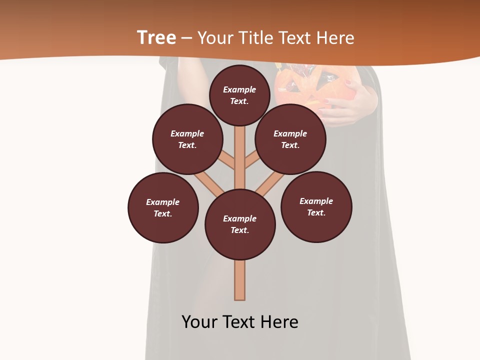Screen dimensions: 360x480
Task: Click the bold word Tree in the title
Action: [156, 38]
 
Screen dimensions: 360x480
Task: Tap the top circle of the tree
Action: [239, 95]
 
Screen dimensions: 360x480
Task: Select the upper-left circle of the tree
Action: [187, 139]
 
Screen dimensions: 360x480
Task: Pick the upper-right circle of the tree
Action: [290, 139]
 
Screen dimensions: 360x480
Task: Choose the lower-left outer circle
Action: [163, 207]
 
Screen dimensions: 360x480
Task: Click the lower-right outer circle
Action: [316, 206]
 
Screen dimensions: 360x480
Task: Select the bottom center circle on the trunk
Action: [240, 224]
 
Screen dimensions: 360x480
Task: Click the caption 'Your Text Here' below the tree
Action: [240, 322]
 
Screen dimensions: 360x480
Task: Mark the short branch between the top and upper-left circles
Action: [227, 161]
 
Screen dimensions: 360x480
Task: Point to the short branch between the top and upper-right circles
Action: [252, 161]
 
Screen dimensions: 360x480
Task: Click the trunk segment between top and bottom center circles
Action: [240, 157]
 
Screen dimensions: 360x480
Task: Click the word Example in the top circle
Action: [239, 89]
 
